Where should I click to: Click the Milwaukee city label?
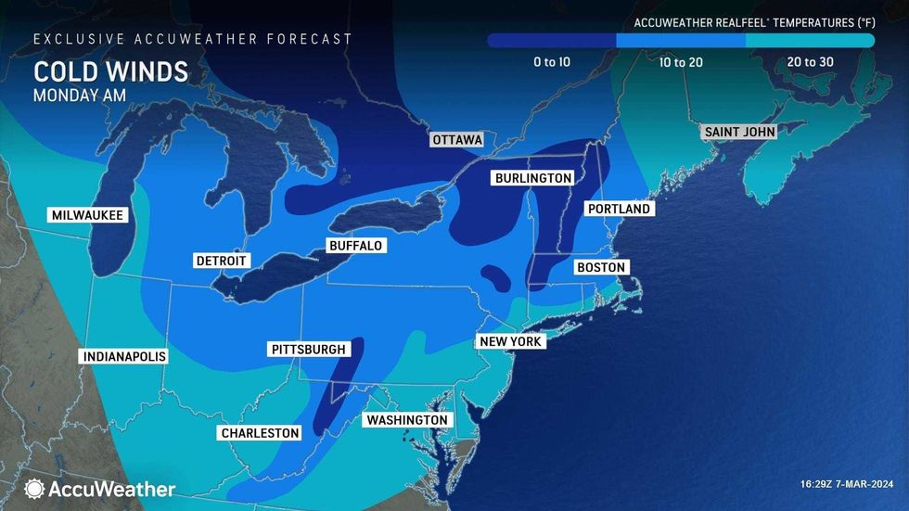coord(87,215)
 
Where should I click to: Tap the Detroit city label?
coord(221,261)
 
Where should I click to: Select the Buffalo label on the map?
coord(355,246)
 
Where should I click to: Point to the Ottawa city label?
coord(457,140)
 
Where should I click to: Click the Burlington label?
coord(532,177)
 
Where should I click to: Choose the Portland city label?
coord(620,210)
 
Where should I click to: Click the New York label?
coord(510,341)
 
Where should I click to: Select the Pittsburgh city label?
coord(309,350)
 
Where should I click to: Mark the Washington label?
coord(407,420)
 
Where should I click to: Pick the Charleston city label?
coord(260,433)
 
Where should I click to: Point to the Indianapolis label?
coord(124,357)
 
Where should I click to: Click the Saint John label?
coord(739,132)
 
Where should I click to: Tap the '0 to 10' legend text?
coord(552,62)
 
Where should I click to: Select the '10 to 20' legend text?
coord(680,62)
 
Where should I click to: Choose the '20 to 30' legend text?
coord(811,62)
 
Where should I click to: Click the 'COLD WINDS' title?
coord(110,72)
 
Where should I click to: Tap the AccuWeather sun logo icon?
coord(35,489)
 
